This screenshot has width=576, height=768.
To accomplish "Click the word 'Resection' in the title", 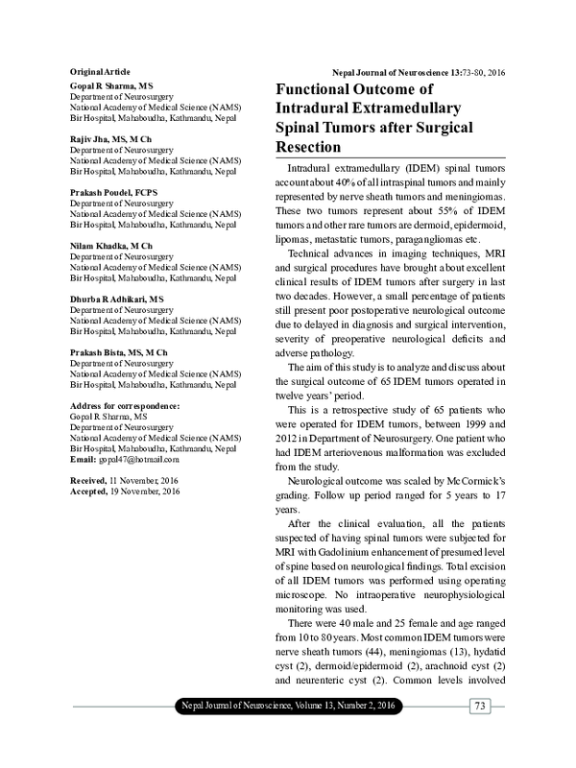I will [x=309, y=148].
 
